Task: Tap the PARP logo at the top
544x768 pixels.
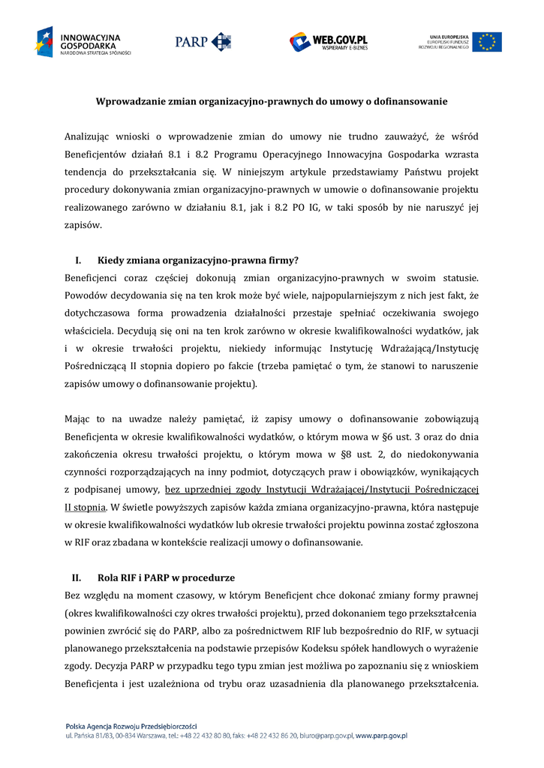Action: pos(203,41)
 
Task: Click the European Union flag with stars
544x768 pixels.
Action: pos(486,41)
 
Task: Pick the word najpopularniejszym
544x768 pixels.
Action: pos(361,295)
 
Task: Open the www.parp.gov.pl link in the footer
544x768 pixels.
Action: pos(381,737)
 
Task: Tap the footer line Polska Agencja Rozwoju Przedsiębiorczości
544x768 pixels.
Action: pos(131,726)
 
